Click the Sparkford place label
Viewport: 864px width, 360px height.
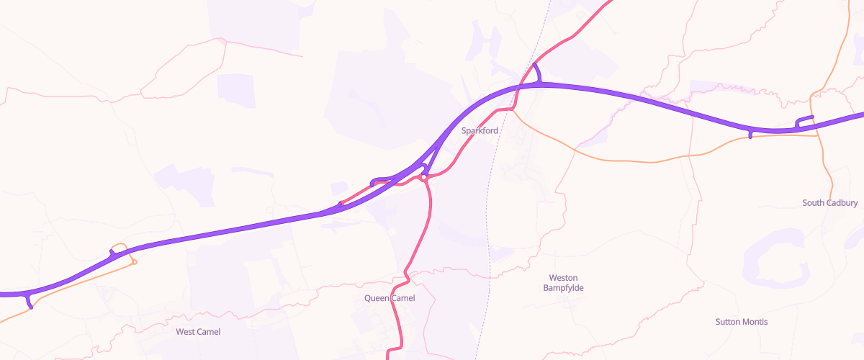click(x=480, y=130)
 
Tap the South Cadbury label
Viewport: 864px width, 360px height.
click(x=830, y=203)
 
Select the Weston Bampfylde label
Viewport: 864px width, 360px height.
click(x=563, y=283)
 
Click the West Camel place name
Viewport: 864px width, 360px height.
click(x=198, y=332)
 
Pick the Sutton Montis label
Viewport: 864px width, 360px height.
click(x=742, y=322)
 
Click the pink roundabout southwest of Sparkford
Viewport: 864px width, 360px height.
click(x=425, y=177)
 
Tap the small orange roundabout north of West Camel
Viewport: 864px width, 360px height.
click(x=134, y=262)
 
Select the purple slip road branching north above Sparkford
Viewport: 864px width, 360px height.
click(x=537, y=73)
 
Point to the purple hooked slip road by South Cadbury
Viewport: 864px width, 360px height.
click(x=803, y=120)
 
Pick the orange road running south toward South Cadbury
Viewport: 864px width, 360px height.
click(x=825, y=158)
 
